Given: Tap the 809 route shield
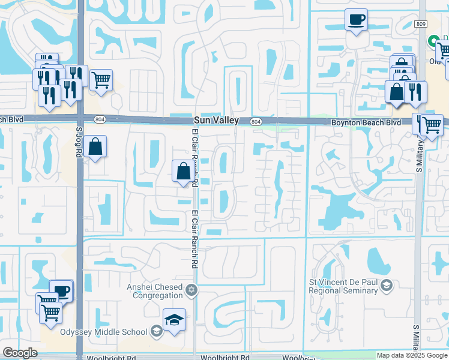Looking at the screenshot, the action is pos(420,23).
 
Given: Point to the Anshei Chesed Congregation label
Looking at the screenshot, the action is pos(154,291).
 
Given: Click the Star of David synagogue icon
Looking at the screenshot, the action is pos(191,291).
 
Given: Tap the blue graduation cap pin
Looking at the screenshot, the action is pos(174,320).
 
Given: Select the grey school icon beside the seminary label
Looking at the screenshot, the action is pos(385,284).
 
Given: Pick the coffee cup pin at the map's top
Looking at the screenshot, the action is pos(357,20).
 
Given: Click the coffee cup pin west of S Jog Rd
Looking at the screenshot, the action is pos(61,292).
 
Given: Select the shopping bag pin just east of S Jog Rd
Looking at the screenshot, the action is pos(95,146).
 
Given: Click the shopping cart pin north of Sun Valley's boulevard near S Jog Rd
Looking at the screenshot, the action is pos(101,79).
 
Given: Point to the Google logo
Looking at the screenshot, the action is pos(20,353).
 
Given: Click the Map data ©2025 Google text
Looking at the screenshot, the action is pos(412,355).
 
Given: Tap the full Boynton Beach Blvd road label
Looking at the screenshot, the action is pos(358,122).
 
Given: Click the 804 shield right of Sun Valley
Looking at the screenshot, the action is pos(256,121).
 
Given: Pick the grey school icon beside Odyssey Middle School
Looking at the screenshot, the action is pos(156,331).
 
